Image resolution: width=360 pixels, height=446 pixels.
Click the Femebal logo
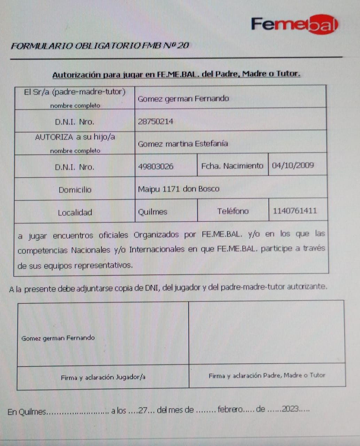pyautogui.click(x=294, y=24)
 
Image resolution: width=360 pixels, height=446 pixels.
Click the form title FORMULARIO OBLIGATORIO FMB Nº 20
pyautogui.click(x=100, y=46)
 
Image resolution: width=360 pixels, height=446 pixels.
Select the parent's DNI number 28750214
pyautogui.click(x=155, y=122)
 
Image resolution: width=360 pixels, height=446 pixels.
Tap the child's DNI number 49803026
pyautogui.click(x=155, y=167)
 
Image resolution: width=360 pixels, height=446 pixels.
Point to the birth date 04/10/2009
pyautogui.click(x=293, y=165)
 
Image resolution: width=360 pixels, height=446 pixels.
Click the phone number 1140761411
pyautogui.click(x=295, y=211)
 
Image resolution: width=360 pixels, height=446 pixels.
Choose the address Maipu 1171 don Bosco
pyautogui.click(x=179, y=189)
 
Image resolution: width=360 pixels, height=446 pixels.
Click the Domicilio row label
pyautogui.click(x=75, y=190)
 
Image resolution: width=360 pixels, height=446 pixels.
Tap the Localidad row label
pyautogui.click(x=75, y=213)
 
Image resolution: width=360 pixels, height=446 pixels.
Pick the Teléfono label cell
pyautogui.click(x=233, y=211)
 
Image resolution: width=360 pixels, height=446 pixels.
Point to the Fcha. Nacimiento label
pyautogui.click(x=232, y=166)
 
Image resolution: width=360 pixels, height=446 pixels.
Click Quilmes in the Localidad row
pyautogui.click(x=152, y=212)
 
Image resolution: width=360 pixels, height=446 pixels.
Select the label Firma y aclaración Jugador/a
pyautogui.click(x=103, y=377)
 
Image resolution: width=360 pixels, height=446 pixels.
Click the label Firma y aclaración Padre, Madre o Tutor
pyautogui.click(x=267, y=376)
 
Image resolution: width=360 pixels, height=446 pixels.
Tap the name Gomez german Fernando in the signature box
pyautogui.click(x=58, y=338)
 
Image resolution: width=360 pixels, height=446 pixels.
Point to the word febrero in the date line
pyautogui.click(x=230, y=409)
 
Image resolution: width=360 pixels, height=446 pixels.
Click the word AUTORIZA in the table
pyautogui.click(x=54, y=137)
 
